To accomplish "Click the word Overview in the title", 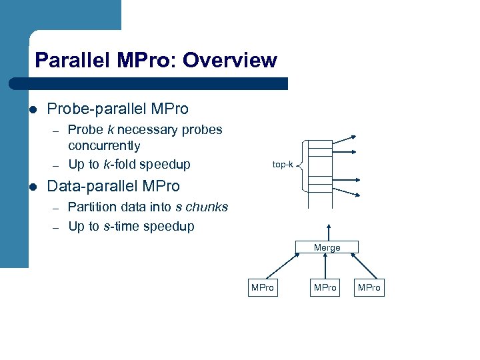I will pos(229,61).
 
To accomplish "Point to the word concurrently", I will pos(104,146).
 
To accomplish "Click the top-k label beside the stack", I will pos(283,164).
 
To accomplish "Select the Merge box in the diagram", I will pos(327,247).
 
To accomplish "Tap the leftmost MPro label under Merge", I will pos(262,287).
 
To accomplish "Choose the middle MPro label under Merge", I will pos(325,287).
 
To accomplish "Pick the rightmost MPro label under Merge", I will pos(369,287).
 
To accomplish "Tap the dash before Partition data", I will pos(57,208).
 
